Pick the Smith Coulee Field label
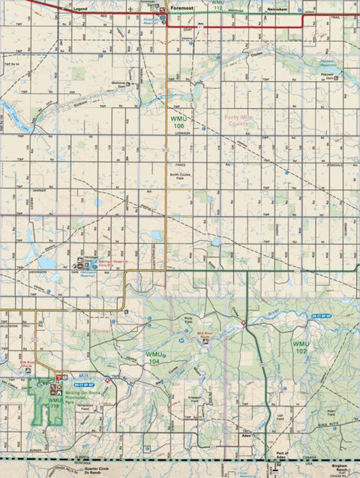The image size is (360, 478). [x=179, y=175]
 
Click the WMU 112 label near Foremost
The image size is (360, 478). [x=217, y=5]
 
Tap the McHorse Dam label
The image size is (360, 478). [x=117, y=84]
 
